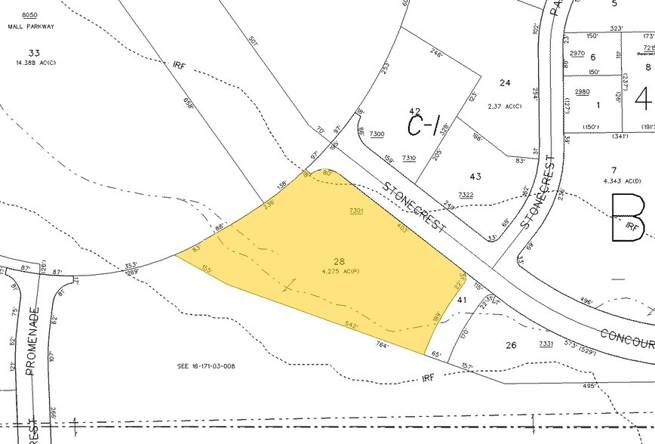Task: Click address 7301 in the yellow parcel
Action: click(356, 211)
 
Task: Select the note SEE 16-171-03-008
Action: click(208, 365)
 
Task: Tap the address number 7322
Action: click(466, 195)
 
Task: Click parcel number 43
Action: click(475, 177)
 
